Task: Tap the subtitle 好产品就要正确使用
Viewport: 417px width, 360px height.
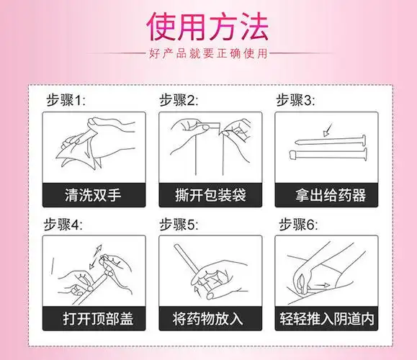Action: coord(207,54)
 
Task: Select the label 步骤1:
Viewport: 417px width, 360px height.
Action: coord(67,100)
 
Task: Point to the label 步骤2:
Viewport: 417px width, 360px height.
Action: coord(179,100)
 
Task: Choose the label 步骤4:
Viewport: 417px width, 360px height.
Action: coord(67,224)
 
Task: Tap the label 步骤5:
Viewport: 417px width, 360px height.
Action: coord(179,224)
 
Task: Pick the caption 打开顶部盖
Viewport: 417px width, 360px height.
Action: coord(93,317)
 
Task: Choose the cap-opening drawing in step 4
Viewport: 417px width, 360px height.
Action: coord(93,270)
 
